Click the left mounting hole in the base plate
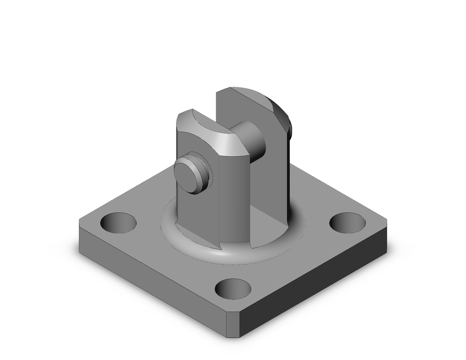[118, 222]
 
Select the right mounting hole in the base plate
[347, 222]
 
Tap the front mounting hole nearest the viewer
[233, 289]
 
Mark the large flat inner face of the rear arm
[268, 187]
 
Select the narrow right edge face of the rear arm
[285, 177]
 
